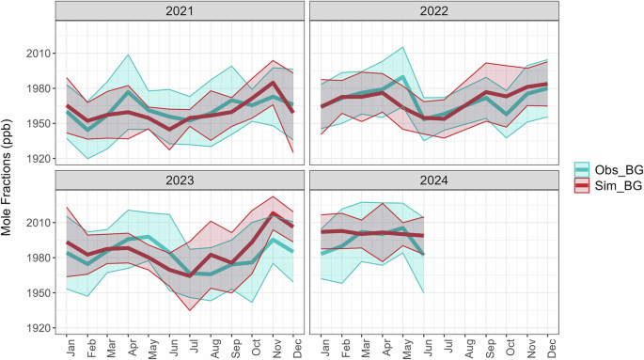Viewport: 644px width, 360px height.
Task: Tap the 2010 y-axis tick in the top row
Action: tap(39, 54)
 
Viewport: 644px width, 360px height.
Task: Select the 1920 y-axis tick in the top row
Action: tap(39, 159)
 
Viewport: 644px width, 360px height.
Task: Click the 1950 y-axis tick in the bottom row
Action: tap(39, 293)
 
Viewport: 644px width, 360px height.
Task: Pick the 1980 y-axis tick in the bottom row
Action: tap(39, 258)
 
